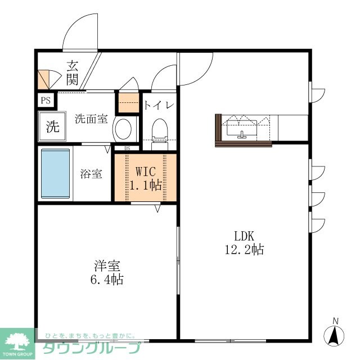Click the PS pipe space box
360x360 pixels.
[46, 100]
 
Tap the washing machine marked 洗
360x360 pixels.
[52, 126]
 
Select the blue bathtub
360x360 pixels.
[55, 173]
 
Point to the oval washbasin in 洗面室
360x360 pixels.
[123, 129]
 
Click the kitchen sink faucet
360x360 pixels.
[241, 135]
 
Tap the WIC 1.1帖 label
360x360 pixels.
[146, 178]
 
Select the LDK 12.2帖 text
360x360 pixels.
[244, 242]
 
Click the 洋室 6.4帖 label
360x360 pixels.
[107, 272]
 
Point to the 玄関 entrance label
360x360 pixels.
[73, 73]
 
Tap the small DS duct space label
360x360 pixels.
[127, 148]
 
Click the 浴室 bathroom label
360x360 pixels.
[91, 174]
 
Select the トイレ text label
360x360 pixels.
[159, 105]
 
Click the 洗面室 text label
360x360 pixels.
[91, 119]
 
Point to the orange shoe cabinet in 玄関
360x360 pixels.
[43, 80]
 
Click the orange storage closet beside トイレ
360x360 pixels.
[129, 102]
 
